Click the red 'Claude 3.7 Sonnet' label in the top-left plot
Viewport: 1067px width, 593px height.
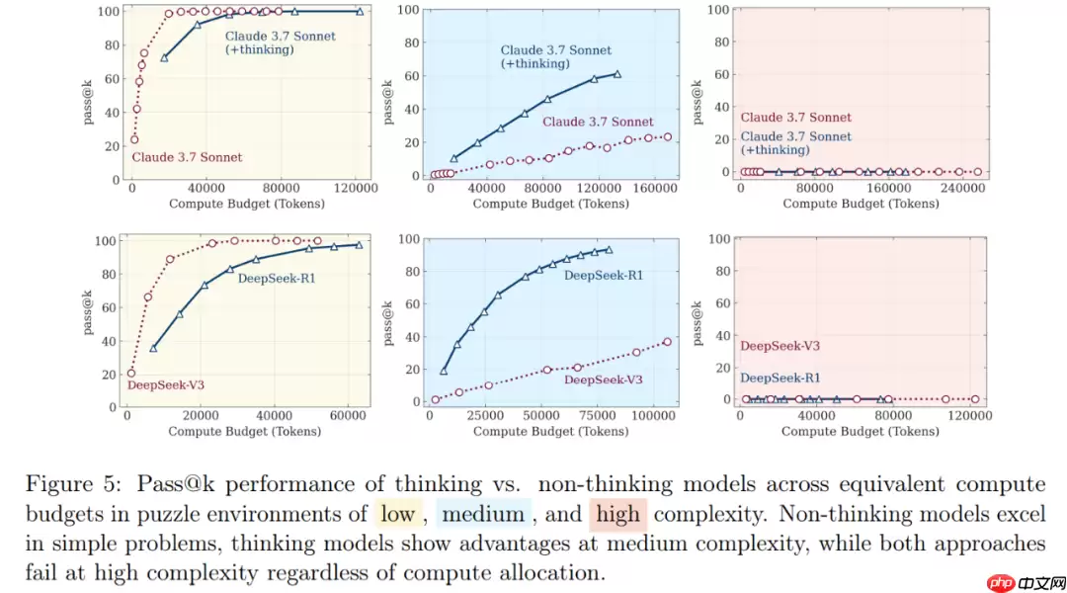(187, 157)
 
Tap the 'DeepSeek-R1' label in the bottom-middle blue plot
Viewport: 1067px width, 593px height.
(603, 275)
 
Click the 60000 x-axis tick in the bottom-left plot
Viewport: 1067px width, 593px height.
(349, 417)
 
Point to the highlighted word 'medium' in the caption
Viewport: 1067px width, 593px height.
(482, 515)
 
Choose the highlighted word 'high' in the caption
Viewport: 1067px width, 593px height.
(617, 515)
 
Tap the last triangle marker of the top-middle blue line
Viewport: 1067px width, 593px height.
(617, 74)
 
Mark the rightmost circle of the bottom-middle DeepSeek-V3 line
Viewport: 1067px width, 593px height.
(667, 342)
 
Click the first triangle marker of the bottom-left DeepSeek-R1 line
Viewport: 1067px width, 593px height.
(153, 348)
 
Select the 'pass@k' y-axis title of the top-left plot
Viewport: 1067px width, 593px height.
(88, 95)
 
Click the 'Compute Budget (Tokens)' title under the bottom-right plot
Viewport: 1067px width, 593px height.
(861, 431)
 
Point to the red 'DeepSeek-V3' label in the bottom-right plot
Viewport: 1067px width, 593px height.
(780, 346)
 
